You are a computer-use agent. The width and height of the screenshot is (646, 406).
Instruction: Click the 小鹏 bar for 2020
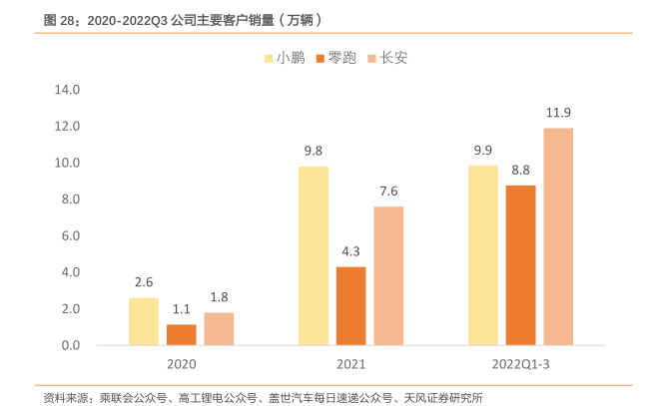[144, 321]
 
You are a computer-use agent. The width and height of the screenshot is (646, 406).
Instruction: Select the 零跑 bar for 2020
[182, 335]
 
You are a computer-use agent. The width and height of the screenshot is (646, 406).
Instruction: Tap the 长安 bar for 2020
[219, 329]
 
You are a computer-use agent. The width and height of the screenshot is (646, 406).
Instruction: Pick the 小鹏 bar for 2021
[314, 255]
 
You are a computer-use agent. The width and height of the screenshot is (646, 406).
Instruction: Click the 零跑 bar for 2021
[350, 306]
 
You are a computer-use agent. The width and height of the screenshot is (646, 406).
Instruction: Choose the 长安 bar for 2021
[388, 276]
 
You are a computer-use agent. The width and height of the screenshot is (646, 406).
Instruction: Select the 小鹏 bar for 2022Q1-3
[483, 254]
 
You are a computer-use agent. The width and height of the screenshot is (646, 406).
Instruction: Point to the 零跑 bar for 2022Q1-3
[520, 265]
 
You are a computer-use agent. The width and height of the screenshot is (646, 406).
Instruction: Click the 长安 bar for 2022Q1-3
[558, 236]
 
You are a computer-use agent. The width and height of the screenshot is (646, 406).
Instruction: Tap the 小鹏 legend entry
[286, 58]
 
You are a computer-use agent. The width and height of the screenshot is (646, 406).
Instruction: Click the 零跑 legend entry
[336, 58]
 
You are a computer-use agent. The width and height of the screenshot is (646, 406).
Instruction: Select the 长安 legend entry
[387, 58]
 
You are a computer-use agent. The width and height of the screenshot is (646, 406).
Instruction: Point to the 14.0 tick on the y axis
[67, 90]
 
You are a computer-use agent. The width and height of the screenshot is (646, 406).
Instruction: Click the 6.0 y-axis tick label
[67, 236]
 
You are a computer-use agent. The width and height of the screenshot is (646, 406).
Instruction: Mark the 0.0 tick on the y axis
[67, 346]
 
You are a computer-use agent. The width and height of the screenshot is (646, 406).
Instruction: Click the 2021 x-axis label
[350, 365]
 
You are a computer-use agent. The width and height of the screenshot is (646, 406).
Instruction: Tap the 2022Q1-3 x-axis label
[520, 365]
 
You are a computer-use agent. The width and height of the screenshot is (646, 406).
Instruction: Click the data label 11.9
[558, 112]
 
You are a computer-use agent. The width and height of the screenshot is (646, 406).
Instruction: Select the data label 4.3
[350, 251]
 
